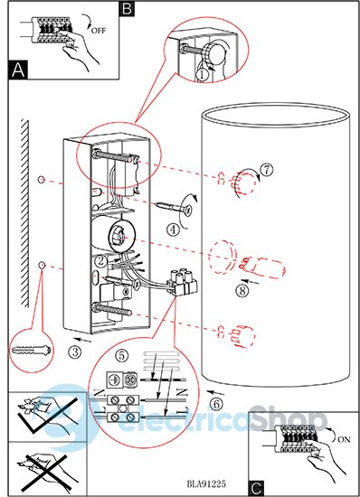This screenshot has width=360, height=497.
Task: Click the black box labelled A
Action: (x=18, y=70)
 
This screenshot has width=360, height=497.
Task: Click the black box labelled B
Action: (x=127, y=8)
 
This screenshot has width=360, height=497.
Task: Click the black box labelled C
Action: (x=256, y=488)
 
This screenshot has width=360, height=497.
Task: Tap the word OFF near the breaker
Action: (x=99, y=31)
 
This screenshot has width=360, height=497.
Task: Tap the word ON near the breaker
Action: (x=344, y=439)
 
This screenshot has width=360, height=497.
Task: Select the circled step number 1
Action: (x=203, y=75)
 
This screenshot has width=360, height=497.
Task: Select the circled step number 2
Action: (x=101, y=261)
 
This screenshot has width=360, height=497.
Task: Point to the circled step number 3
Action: (x=75, y=352)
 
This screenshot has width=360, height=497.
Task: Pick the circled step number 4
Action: (x=173, y=230)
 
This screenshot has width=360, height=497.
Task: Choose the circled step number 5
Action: (x=122, y=356)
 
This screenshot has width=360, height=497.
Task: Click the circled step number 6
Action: (x=217, y=404)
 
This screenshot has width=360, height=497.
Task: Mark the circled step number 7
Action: (x=267, y=170)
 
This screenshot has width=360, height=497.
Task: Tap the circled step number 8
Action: (x=242, y=291)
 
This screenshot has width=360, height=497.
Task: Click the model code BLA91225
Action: (x=206, y=483)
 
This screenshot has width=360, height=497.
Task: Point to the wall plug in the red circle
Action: (x=31, y=351)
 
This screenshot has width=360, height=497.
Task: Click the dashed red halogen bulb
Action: (x=262, y=267)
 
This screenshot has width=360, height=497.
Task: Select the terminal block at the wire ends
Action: (x=184, y=282)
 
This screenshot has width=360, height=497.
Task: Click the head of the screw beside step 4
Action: (x=186, y=210)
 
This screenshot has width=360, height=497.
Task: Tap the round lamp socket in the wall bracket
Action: (x=118, y=236)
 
